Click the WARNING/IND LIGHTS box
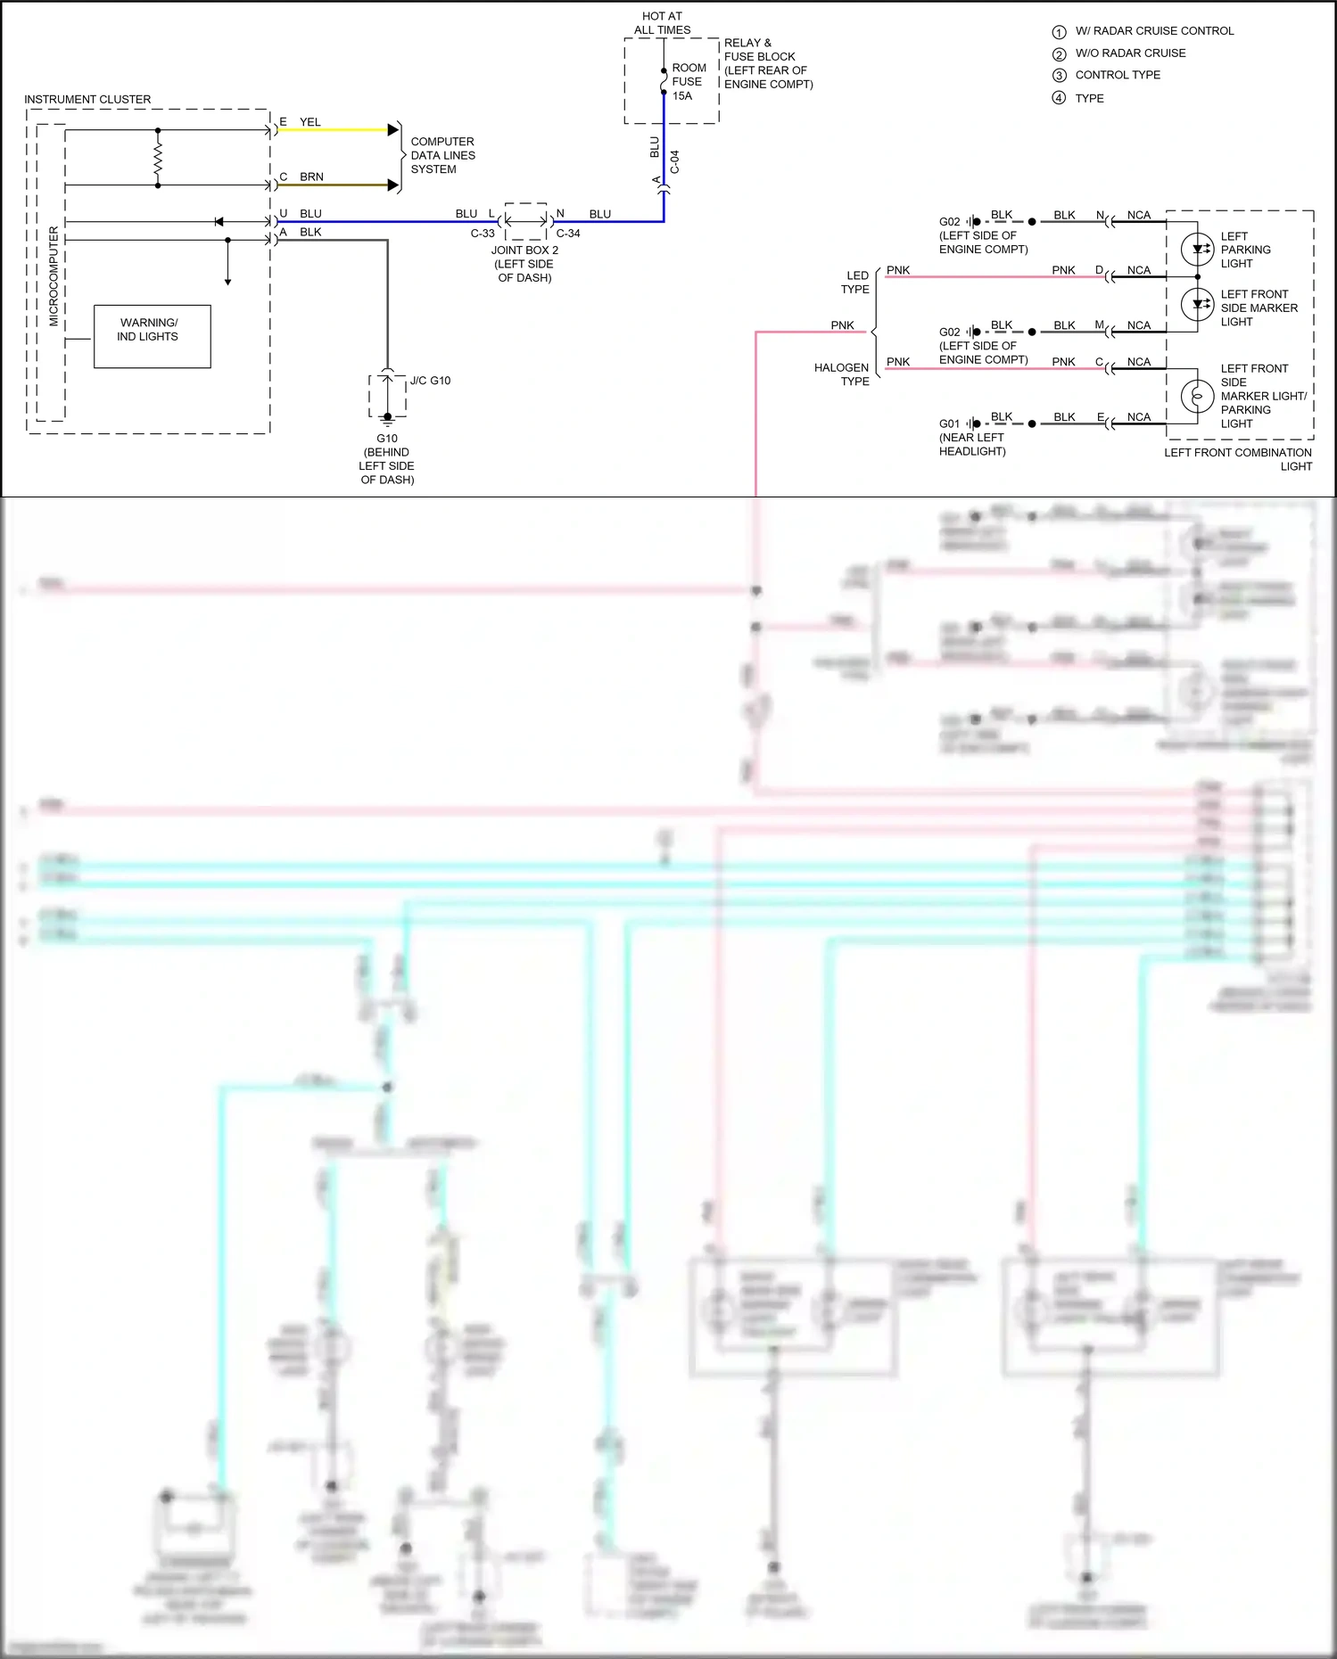(152, 336)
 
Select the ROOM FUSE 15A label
(689, 82)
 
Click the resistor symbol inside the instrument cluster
(158, 159)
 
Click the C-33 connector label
(483, 234)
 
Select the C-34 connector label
(568, 234)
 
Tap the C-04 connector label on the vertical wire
(675, 162)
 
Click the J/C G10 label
(430, 381)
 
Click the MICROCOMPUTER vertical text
(54, 276)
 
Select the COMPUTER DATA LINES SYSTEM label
(442, 155)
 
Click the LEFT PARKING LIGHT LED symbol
(1197, 249)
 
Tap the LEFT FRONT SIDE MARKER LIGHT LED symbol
(1197, 305)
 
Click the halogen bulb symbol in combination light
(1197, 395)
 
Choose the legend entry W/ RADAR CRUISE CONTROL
(1154, 31)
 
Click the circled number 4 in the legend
(1059, 98)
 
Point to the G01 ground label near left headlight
(949, 423)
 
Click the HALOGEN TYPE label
(841, 374)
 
